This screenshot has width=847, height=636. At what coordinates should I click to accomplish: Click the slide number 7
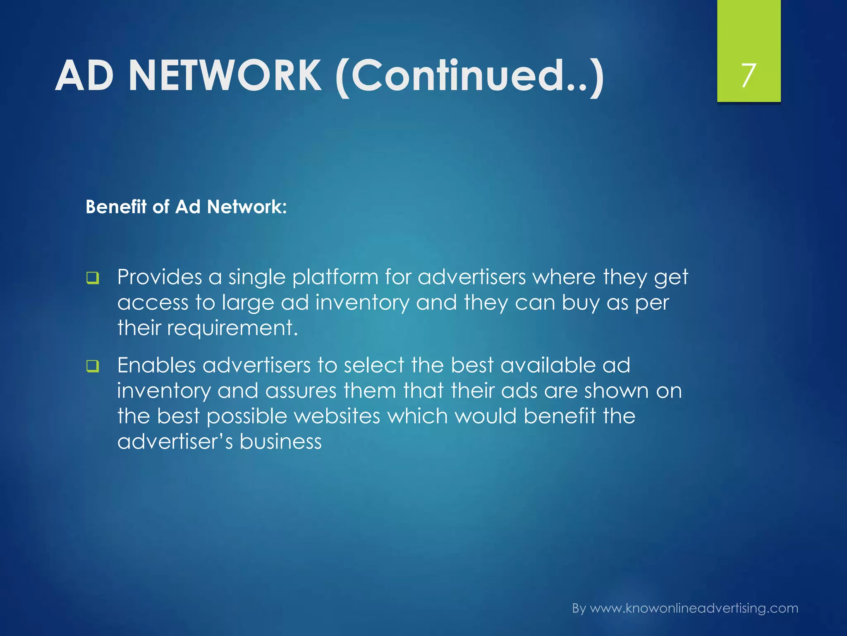[749, 75]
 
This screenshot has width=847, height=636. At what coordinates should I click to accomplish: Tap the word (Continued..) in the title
[470, 77]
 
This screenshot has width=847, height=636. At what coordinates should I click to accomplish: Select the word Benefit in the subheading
[116, 207]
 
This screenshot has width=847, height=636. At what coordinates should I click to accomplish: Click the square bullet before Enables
[93, 366]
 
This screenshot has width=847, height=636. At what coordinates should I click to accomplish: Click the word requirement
[232, 329]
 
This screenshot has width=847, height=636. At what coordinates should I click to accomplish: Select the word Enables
[156, 365]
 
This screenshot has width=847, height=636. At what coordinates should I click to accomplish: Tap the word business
[280, 441]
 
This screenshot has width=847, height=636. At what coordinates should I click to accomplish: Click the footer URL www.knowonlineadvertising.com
[694, 608]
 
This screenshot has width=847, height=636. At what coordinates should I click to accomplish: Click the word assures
[301, 391]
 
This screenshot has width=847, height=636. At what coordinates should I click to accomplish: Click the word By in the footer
[579, 609]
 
